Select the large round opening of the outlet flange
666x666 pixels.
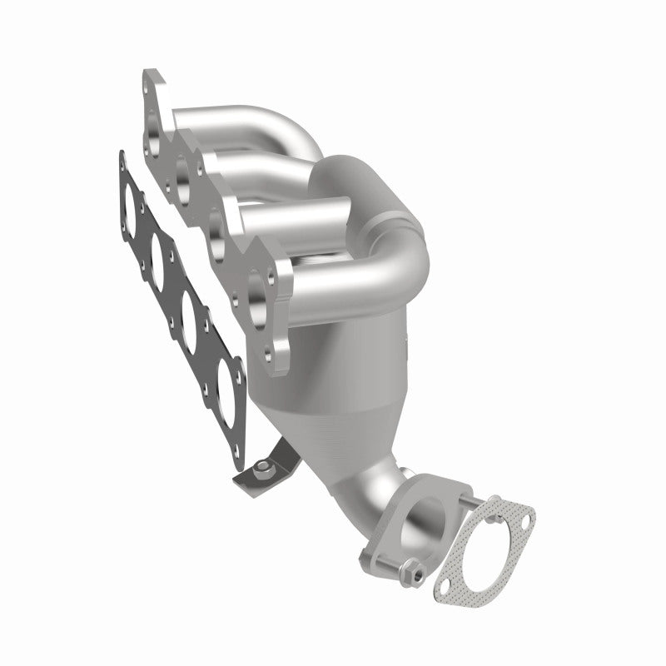coord(421,519)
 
